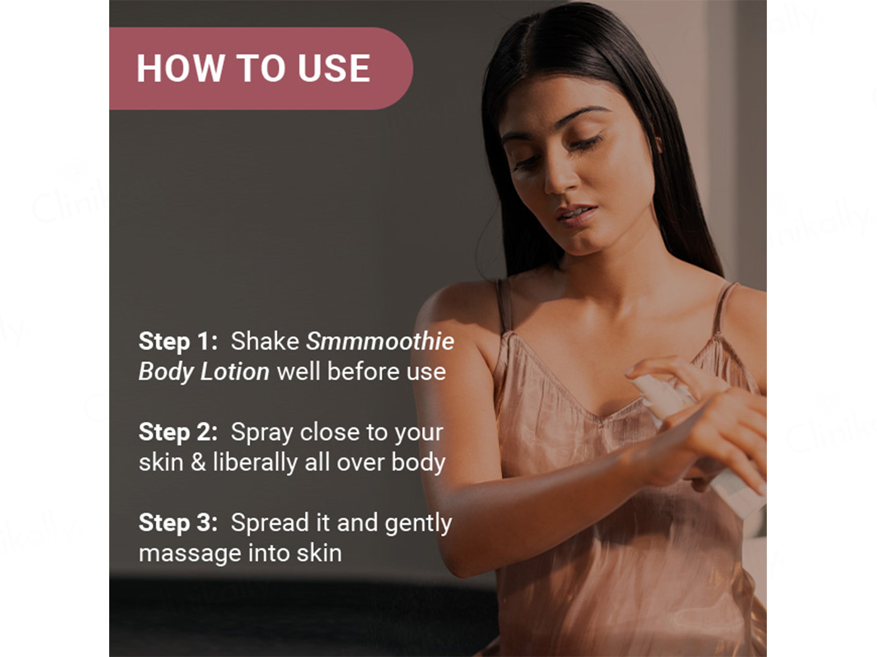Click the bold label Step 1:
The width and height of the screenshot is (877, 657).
tap(178, 341)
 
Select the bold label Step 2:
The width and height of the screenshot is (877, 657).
tap(178, 432)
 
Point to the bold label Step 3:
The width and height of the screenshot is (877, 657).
tap(178, 523)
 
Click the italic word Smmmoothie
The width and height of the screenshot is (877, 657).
tap(380, 341)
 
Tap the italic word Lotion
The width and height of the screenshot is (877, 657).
tap(235, 372)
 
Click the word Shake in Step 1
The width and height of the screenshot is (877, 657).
tap(265, 341)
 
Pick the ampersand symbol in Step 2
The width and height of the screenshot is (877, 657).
tap(198, 462)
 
